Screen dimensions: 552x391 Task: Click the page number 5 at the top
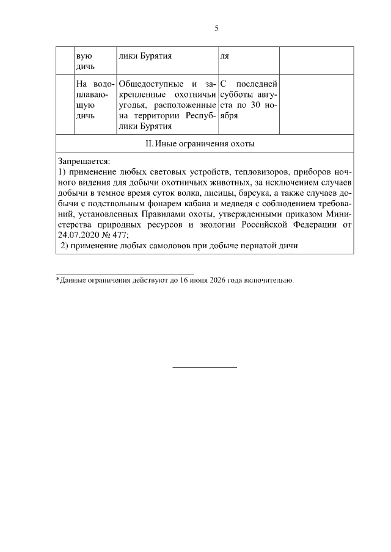(x=216, y=28)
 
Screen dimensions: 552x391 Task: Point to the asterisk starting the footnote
(x=57, y=280)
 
